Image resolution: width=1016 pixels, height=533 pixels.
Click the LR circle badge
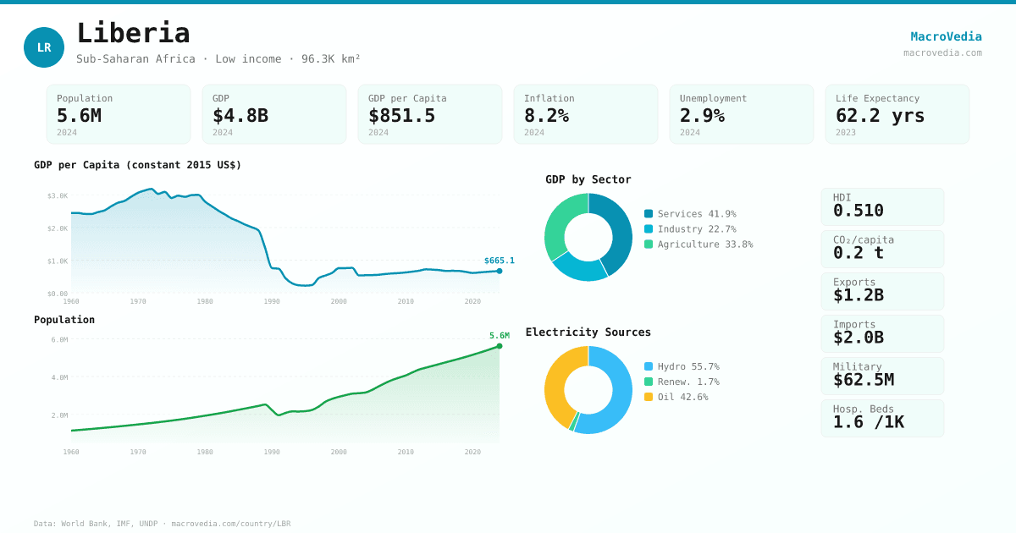44,47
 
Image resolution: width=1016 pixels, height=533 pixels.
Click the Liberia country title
133,33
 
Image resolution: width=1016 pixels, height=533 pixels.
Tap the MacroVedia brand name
946,36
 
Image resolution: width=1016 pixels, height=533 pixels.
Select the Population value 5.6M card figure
79,115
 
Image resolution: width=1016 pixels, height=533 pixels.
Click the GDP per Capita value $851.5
401,115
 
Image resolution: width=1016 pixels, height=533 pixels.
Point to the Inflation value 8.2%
546,115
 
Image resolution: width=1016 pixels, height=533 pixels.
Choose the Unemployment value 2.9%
702,115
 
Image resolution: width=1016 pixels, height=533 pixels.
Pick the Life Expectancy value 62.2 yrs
880,115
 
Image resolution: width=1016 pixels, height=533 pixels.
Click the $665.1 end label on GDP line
499,261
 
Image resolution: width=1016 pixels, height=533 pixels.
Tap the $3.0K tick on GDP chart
58,195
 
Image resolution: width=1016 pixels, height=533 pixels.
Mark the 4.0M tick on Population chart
59,377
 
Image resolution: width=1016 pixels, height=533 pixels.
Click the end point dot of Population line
500,346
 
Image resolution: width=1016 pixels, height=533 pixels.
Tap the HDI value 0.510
858,211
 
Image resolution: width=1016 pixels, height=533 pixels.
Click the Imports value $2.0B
858,338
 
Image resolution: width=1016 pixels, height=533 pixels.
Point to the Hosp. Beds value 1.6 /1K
868,422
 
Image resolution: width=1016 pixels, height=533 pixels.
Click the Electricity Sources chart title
588,332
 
